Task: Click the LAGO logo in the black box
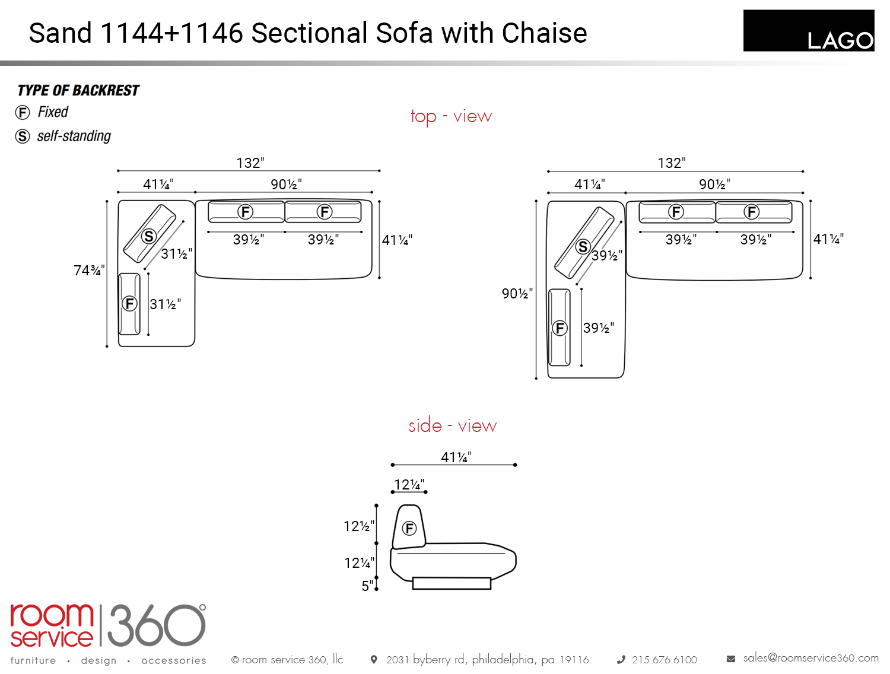tap(840, 40)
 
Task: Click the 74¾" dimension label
tap(89, 270)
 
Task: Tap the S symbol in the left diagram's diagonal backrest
tap(149, 236)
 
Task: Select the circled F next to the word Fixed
tap(23, 112)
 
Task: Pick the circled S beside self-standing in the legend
tap(23, 136)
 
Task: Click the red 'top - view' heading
tap(452, 117)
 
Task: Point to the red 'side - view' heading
tap(452, 425)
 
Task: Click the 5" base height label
tap(367, 586)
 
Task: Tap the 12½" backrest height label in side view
tap(359, 526)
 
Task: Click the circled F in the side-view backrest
tap(409, 528)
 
